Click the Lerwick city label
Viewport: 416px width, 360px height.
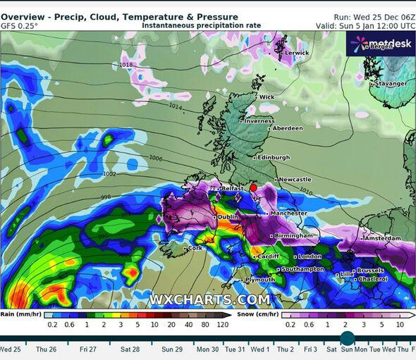pyautogui.click(x=296, y=53)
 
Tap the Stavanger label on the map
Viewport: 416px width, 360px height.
pyautogui.click(x=391, y=84)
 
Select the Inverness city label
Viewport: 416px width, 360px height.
pyautogui.click(x=259, y=121)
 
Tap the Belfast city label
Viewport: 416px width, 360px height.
pyautogui.click(x=232, y=189)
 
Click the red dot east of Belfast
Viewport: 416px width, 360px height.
pyautogui.click(x=253, y=188)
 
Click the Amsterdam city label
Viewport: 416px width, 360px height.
pyautogui.click(x=384, y=239)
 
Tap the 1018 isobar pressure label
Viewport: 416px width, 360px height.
pyautogui.click(x=126, y=65)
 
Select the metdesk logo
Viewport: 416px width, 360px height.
pyautogui.click(x=379, y=44)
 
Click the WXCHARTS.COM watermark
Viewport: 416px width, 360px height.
pyautogui.click(x=209, y=300)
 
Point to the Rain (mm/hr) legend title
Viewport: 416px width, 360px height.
pyautogui.click(x=18, y=314)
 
